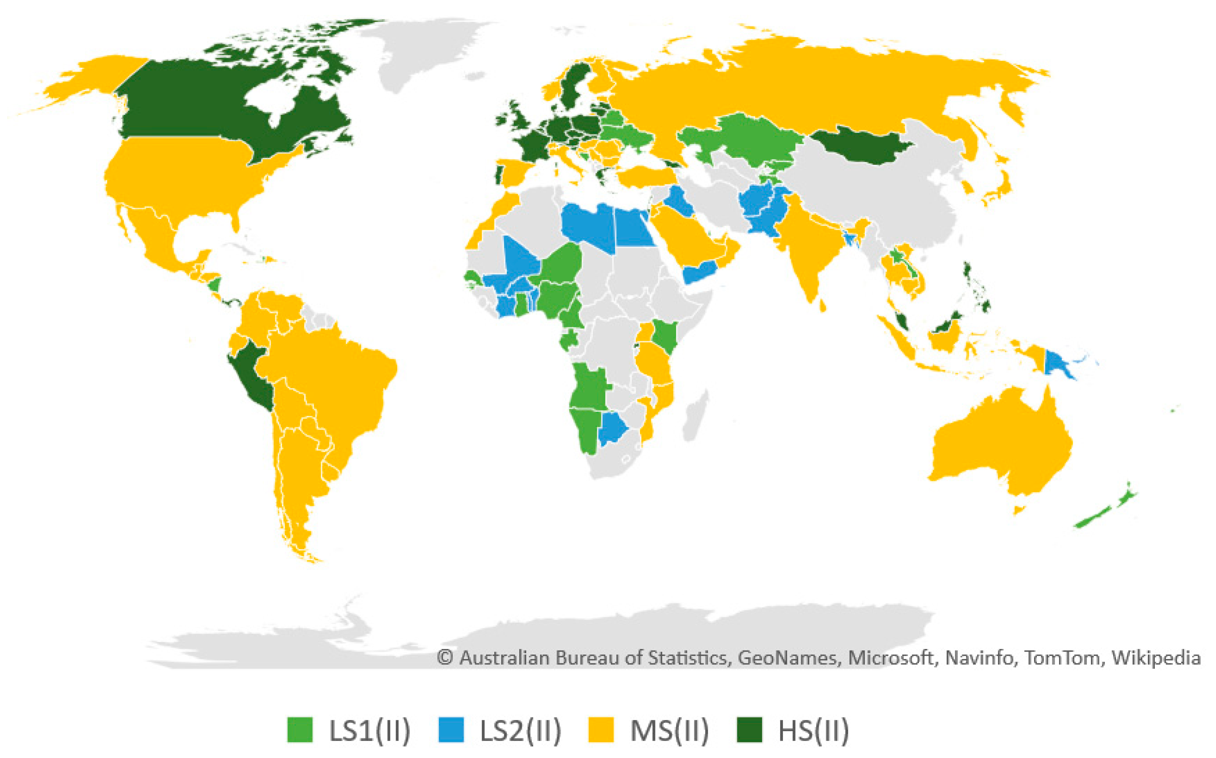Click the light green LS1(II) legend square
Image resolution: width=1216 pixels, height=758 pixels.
[x=300, y=730]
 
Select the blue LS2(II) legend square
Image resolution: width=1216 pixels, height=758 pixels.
[x=451, y=730]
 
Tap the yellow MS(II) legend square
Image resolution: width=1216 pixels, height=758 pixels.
[x=600, y=730]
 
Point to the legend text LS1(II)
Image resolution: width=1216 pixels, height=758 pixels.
[x=369, y=731]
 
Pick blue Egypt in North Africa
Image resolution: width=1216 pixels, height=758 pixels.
[x=634, y=228]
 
